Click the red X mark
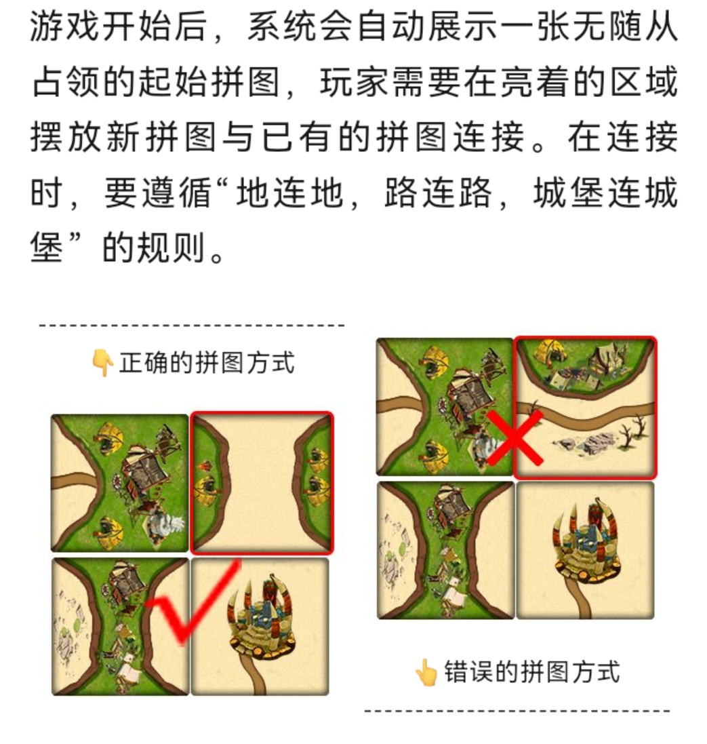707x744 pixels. [514, 438]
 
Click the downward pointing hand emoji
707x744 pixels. [102, 364]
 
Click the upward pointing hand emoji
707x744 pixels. [426, 672]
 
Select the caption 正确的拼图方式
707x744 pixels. [207, 363]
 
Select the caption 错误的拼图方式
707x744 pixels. [532, 672]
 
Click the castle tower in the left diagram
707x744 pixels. [260, 617]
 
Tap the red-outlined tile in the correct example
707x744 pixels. [262, 483]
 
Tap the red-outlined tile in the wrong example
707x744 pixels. [586, 408]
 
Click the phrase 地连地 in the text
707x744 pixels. [289, 193]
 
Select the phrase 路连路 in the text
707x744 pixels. [438, 193]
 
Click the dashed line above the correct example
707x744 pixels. [192, 326]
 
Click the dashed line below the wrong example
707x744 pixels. [517, 711]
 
